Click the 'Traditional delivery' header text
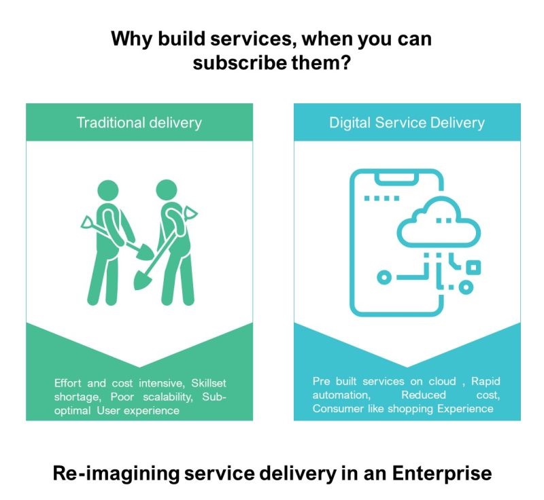[x=139, y=123]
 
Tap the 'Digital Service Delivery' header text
[x=407, y=123]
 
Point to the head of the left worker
[x=107, y=190]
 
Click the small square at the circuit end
[x=473, y=267]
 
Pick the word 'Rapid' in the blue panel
[x=486, y=382]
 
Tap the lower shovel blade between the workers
[x=142, y=279]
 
